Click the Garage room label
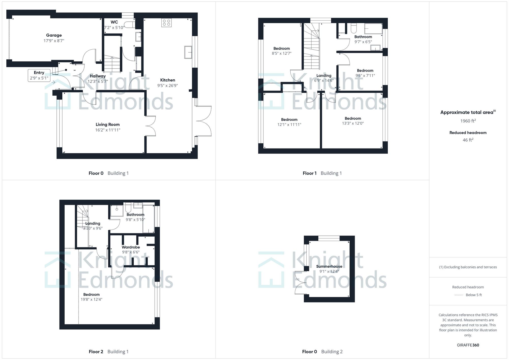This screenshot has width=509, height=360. (x=54, y=35)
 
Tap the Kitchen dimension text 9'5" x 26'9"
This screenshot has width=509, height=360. (x=167, y=86)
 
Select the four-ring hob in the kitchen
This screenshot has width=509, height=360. (x=166, y=23)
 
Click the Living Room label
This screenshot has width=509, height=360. (x=107, y=125)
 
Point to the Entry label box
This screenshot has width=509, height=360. (x=39, y=75)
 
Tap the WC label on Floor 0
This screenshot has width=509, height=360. (x=114, y=22)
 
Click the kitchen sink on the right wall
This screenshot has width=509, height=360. (x=188, y=52)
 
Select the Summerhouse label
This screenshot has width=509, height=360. (x=329, y=266)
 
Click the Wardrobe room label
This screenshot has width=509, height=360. (x=131, y=247)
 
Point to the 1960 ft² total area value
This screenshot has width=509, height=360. (x=468, y=121)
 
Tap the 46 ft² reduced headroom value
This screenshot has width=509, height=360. (x=468, y=140)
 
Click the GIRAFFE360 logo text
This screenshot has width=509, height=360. (x=468, y=345)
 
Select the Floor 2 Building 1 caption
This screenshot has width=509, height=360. (x=109, y=352)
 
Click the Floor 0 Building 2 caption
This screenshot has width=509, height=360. (x=322, y=352)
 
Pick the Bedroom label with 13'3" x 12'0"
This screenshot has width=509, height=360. (x=353, y=119)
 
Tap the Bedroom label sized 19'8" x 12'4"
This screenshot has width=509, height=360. (x=91, y=295)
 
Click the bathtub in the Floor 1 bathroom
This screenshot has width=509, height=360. (x=373, y=28)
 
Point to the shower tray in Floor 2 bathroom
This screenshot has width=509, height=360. (x=117, y=210)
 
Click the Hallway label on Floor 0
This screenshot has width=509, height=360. (x=97, y=76)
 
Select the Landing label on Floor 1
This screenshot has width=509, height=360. (x=324, y=76)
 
